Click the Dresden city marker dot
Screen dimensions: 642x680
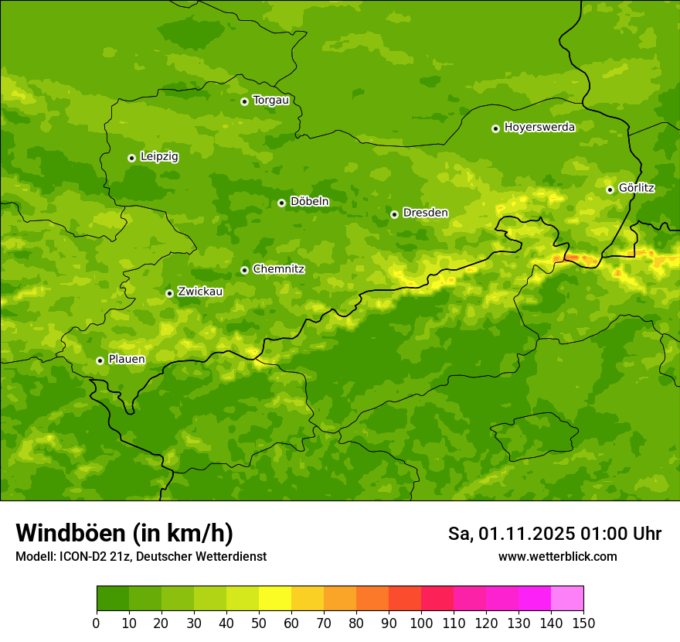pyautogui.click(x=394, y=214)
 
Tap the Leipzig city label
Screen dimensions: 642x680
pyautogui.click(x=159, y=157)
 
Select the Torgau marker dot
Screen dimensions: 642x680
pyautogui.click(x=244, y=101)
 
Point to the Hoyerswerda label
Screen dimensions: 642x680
pyautogui.click(x=539, y=128)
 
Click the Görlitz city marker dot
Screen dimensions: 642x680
pyautogui.click(x=610, y=190)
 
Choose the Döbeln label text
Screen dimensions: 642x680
pyautogui.click(x=309, y=202)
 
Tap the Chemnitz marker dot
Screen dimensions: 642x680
pyautogui.click(x=244, y=270)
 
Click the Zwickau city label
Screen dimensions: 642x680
pyautogui.click(x=200, y=292)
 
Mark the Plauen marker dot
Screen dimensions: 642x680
pyautogui.click(x=100, y=360)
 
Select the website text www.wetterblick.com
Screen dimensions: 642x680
pyautogui.click(x=557, y=556)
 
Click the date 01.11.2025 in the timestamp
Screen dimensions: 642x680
pyautogui.click(x=526, y=534)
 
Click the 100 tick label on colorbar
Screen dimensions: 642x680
pyautogui.click(x=421, y=622)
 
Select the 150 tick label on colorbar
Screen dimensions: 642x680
pyautogui.click(x=583, y=622)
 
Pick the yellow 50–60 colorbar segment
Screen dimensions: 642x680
pyautogui.click(x=275, y=598)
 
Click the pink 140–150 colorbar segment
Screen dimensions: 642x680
pyautogui.click(x=567, y=598)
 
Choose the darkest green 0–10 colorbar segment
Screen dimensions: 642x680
pyautogui.click(x=113, y=598)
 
